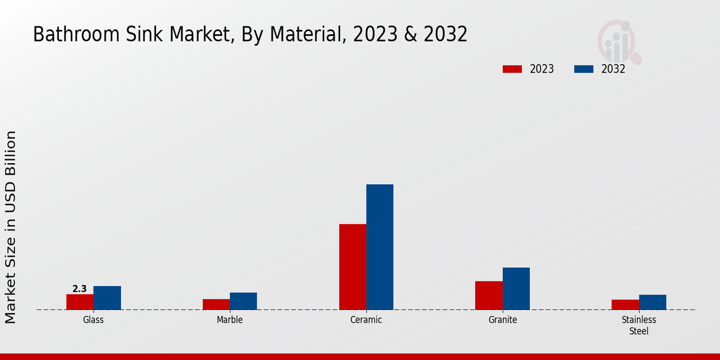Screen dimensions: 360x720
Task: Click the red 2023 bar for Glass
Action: click(x=80, y=302)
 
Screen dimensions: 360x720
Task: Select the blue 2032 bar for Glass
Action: click(x=107, y=298)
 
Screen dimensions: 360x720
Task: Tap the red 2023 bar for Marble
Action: click(x=216, y=304)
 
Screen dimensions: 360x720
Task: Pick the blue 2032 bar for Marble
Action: click(x=243, y=301)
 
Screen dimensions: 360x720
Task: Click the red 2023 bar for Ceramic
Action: click(x=353, y=267)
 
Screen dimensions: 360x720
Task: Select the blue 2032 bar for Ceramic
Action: click(x=380, y=247)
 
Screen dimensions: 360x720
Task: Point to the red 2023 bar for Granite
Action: click(x=489, y=295)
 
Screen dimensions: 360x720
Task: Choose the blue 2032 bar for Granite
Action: click(x=516, y=289)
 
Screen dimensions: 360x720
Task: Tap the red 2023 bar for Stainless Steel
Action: click(x=625, y=305)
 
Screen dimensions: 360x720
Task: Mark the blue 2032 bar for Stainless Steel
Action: click(x=652, y=302)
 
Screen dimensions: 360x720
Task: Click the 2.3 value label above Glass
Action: click(x=80, y=289)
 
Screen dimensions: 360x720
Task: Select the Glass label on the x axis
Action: click(x=94, y=320)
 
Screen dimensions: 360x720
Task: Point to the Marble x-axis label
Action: click(x=230, y=320)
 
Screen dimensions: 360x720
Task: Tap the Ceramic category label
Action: click(x=366, y=320)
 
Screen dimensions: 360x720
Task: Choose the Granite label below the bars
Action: click(x=503, y=320)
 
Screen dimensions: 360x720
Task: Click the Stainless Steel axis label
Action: click(x=639, y=325)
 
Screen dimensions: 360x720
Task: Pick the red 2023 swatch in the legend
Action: click(x=512, y=69)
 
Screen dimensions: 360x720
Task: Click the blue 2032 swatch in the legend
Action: click(x=584, y=69)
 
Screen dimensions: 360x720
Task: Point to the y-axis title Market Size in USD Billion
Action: click(x=11, y=227)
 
